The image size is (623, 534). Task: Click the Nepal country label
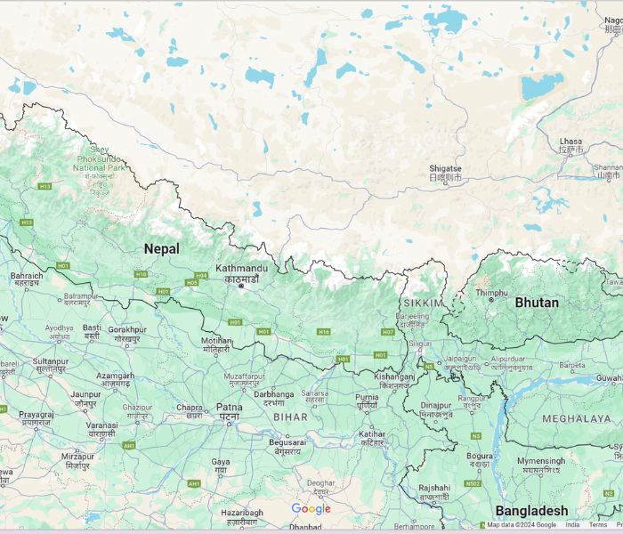(x=161, y=249)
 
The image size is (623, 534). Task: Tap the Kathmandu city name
(x=240, y=268)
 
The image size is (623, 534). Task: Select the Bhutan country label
(x=537, y=303)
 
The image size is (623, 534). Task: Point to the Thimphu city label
(x=491, y=292)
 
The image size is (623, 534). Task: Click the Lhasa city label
(x=570, y=142)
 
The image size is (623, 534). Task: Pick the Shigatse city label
(x=445, y=168)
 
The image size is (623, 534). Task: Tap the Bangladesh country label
(x=530, y=511)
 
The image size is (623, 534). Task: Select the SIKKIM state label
(x=424, y=303)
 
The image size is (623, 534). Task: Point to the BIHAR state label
(x=289, y=417)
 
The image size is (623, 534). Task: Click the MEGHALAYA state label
(x=576, y=417)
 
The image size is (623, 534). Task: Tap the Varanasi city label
(x=101, y=425)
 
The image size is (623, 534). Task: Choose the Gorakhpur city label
(x=126, y=329)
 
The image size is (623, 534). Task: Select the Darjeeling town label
(x=411, y=316)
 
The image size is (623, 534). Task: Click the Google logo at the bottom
(x=311, y=509)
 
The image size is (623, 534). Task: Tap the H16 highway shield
(x=324, y=332)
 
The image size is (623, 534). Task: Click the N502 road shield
(x=473, y=483)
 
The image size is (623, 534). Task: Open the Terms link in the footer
(x=598, y=525)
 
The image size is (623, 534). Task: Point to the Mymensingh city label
(x=540, y=461)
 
